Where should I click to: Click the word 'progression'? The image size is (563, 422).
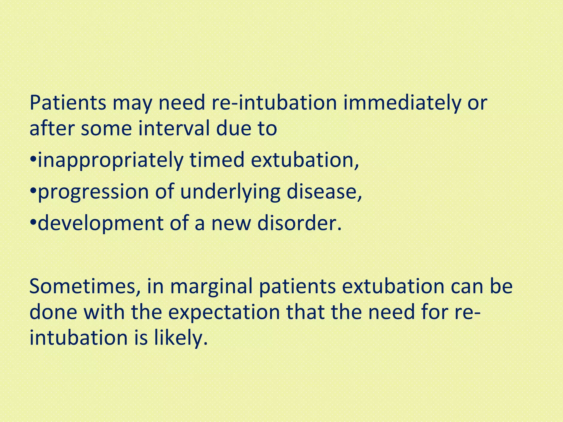click(93, 192)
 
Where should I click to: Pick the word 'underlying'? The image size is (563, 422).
click(230, 192)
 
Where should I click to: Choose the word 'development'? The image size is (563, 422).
click(101, 224)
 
